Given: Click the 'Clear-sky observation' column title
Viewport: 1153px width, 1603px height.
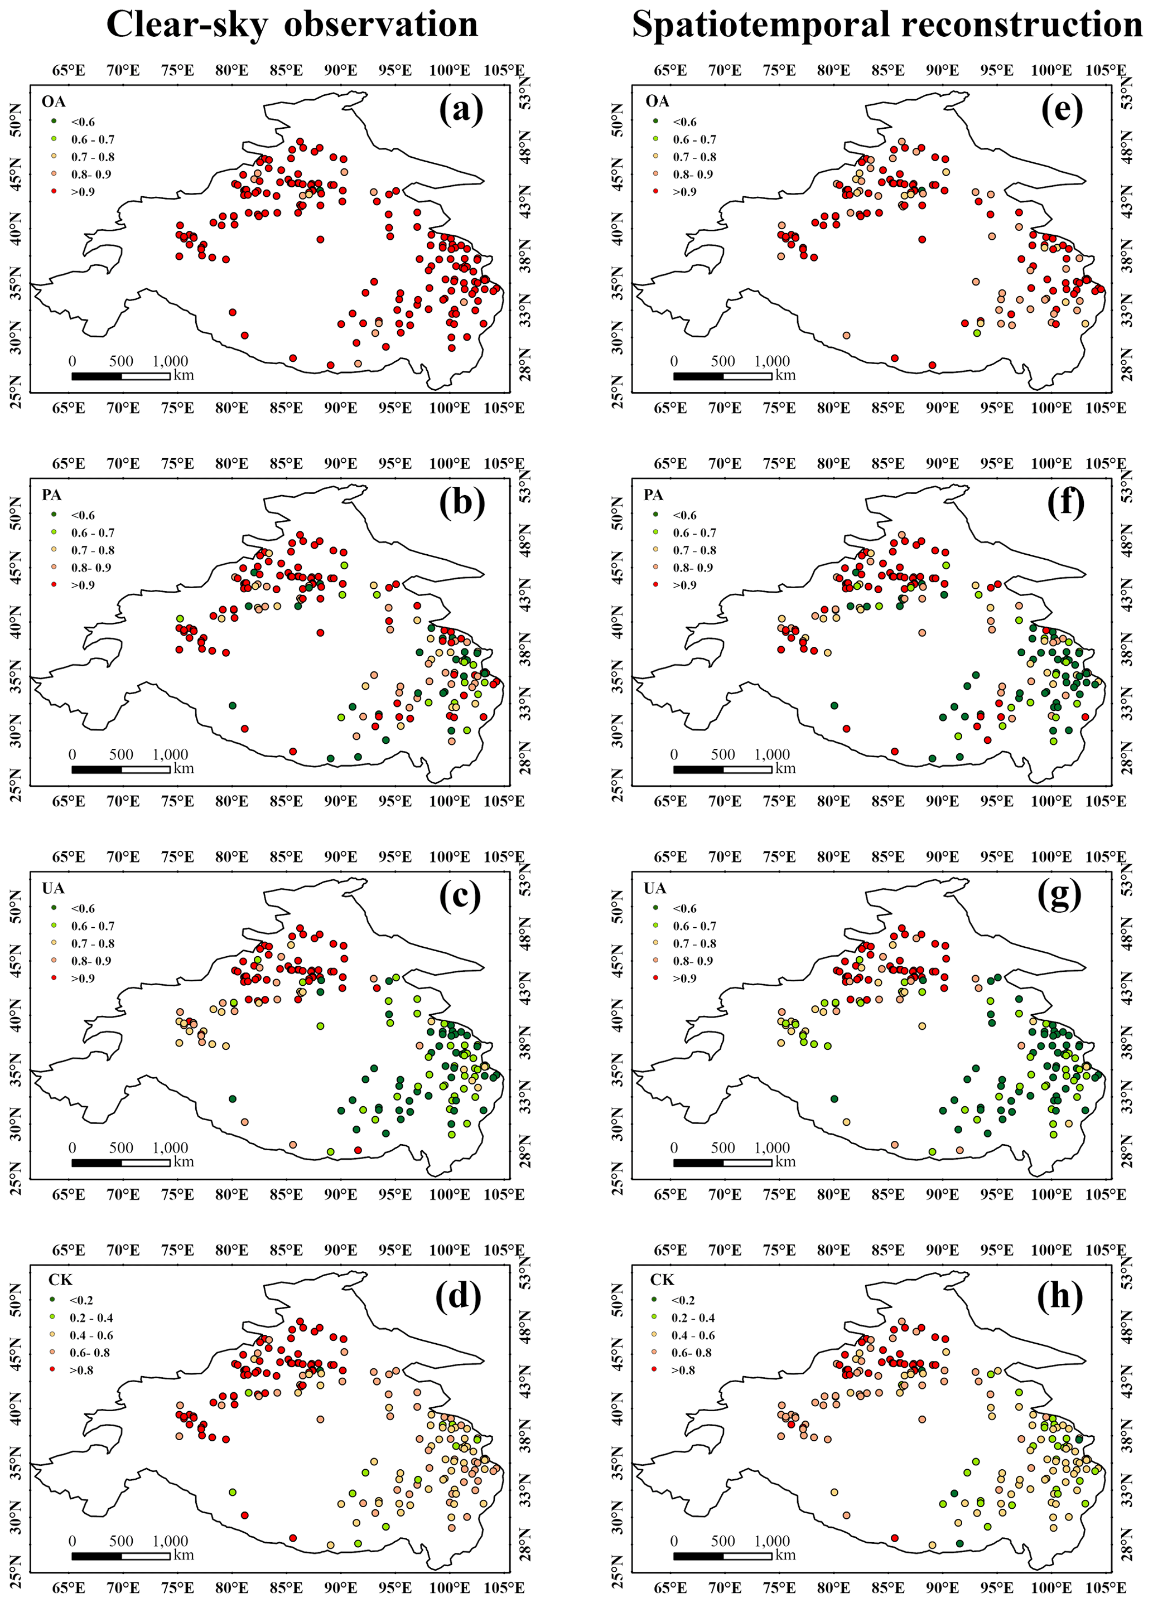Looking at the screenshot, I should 292,24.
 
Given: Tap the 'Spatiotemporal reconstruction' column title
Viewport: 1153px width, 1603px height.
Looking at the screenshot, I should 886,24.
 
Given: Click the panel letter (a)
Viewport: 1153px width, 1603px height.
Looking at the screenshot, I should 461,109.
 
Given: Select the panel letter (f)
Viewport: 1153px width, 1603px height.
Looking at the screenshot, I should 1063,502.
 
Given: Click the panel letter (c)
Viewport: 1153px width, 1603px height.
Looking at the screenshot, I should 460,896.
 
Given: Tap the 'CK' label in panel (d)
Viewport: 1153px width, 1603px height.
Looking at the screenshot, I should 60,1280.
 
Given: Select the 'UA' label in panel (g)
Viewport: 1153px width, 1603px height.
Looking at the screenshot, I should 655,888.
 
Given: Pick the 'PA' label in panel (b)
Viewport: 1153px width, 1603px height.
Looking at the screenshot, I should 52,495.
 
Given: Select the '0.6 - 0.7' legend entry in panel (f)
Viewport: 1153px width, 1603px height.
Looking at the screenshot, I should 693,533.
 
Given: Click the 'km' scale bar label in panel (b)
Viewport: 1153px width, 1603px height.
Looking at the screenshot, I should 183,768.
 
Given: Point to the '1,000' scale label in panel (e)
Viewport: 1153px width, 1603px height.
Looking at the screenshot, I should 772,361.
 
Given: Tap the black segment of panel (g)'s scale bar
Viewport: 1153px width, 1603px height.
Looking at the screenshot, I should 698,1163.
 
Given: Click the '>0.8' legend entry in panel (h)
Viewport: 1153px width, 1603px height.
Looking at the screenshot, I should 682,1370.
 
